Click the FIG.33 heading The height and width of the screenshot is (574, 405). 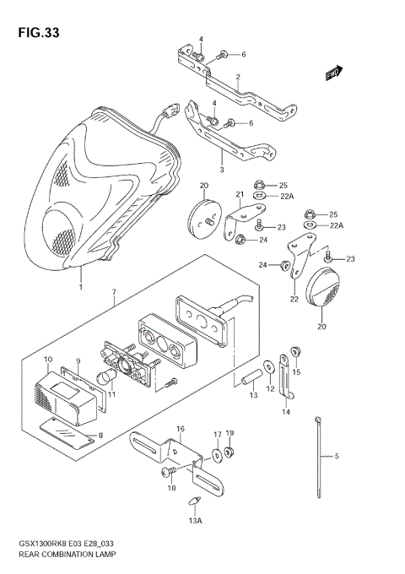point(35,34)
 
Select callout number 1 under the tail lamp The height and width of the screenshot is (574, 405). point(81,288)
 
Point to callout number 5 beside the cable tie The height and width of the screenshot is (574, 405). point(336,457)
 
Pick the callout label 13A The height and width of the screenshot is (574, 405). point(195,522)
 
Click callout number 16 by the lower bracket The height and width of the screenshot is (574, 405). point(180,430)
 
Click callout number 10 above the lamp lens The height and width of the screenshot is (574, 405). point(47,360)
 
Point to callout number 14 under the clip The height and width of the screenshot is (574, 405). point(285,412)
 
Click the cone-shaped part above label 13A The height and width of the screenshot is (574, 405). point(195,504)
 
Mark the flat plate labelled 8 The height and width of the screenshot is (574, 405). point(67,431)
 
